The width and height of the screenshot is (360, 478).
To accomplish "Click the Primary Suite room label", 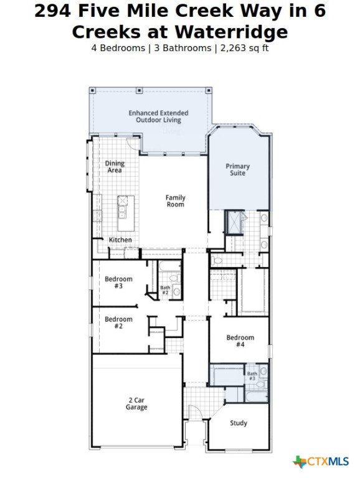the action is [237, 169].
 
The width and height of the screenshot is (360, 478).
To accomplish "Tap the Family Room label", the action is [176, 201].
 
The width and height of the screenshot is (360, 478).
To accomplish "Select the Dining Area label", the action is [115, 166].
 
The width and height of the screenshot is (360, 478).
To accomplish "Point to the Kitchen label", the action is [120, 240].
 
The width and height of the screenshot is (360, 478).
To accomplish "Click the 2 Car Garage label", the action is [136, 403].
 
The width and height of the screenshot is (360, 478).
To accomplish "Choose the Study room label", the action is [239, 423].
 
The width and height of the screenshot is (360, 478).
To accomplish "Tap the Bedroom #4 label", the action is [240, 341].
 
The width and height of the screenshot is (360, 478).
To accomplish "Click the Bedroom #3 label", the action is [118, 283].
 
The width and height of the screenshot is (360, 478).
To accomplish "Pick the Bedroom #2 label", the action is [118, 322].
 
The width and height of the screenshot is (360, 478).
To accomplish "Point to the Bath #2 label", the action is [165, 290].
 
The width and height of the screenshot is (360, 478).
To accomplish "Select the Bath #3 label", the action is [252, 376].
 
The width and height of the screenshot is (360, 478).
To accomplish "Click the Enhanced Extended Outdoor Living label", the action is [158, 116].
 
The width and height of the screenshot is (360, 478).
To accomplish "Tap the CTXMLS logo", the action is [321, 461].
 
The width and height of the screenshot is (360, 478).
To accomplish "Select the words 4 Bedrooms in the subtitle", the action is [118, 48].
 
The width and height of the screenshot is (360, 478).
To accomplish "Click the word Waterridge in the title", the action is [232, 32].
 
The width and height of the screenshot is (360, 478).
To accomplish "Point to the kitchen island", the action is [126, 213].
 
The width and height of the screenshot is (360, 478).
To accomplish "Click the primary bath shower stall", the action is [235, 222].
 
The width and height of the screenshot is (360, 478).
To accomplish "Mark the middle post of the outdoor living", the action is [139, 90].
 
